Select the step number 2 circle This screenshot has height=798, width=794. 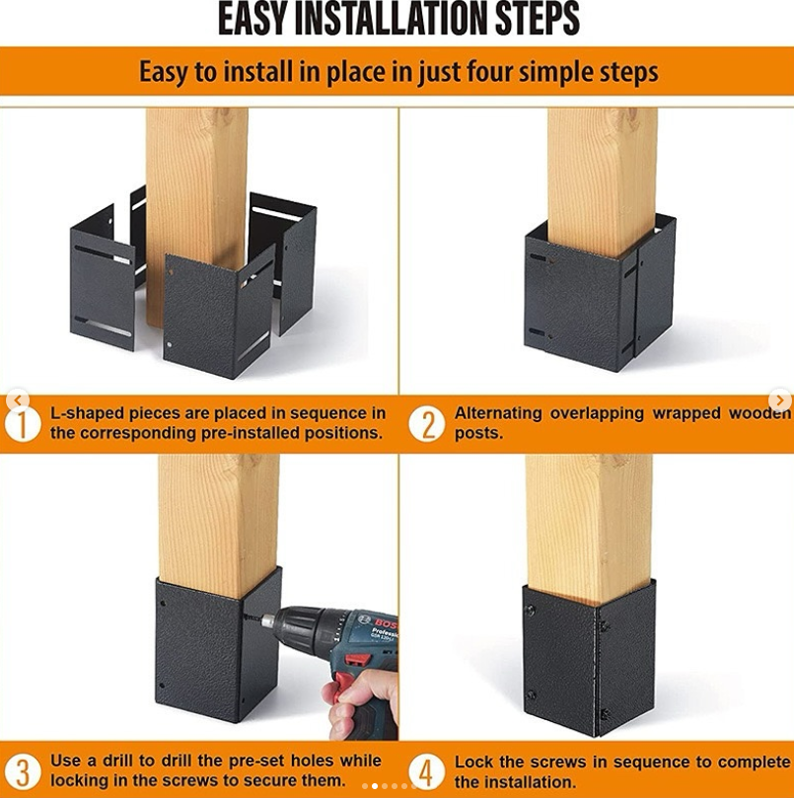tap(426, 423)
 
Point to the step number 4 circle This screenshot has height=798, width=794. tap(426, 771)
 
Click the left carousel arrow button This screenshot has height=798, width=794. tap(16, 399)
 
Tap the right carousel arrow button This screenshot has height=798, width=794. tap(780, 399)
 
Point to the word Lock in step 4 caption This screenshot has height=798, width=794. tap(473, 762)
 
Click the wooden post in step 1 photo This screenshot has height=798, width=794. tap(195, 178)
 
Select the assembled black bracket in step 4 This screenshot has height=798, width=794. tap(589, 661)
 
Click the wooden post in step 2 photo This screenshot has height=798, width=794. tap(602, 168)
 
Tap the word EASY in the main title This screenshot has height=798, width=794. tap(258, 20)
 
